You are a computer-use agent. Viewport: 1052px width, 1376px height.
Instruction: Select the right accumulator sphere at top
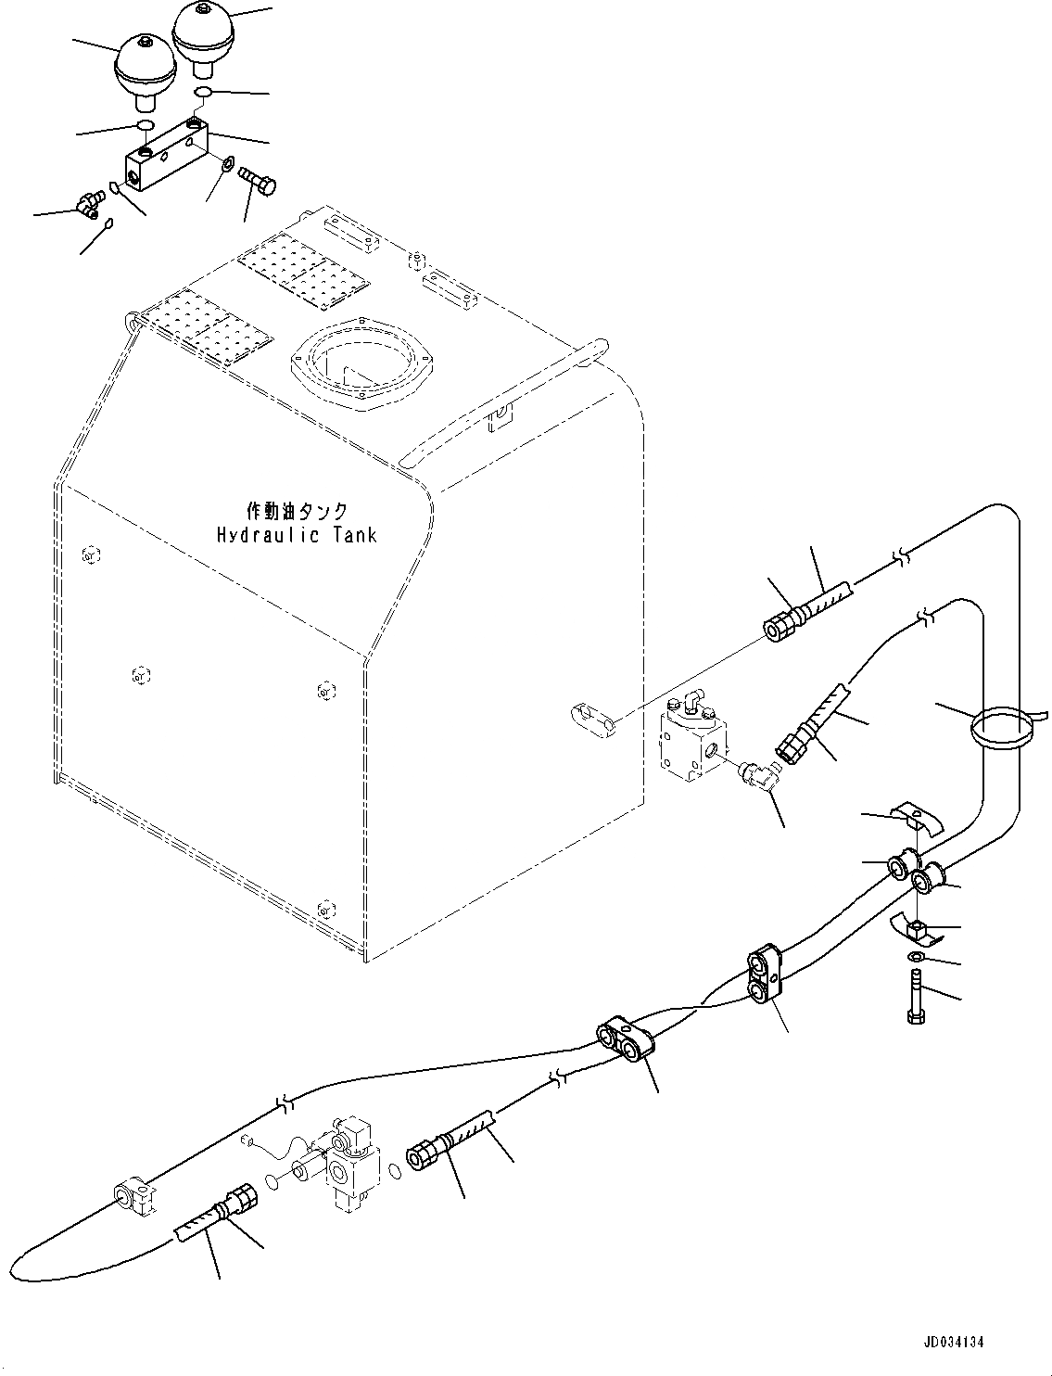click(x=203, y=33)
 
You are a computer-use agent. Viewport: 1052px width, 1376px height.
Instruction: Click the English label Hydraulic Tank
click(x=297, y=535)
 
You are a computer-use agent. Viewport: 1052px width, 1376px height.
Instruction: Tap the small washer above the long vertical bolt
click(x=914, y=958)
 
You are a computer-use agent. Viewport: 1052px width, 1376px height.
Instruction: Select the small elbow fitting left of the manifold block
click(x=87, y=204)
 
